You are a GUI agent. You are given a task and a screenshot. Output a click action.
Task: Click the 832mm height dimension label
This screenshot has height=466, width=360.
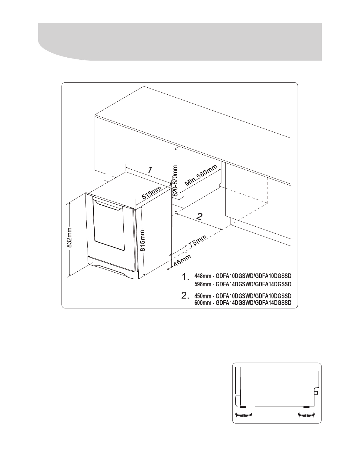[x=69, y=238]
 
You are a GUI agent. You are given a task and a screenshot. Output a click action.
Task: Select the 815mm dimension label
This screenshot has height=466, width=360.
[x=143, y=240]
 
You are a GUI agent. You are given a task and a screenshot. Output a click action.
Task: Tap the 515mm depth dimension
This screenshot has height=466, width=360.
[x=152, y=193]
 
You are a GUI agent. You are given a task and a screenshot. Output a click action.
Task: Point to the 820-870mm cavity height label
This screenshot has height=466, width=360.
[x=175, y=181]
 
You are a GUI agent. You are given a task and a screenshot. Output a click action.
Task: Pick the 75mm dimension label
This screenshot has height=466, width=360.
[x=197, y=241]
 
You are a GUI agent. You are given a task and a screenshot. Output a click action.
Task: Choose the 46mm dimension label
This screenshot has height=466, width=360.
[x=182, y=260]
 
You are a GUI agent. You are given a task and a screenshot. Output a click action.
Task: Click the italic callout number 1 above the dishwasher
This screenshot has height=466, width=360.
[x=150, y=170]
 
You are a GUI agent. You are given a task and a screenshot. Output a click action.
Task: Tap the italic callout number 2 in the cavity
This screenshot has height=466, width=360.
[x=200, y=216]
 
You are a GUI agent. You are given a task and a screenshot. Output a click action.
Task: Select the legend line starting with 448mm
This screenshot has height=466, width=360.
[x=243, y=276]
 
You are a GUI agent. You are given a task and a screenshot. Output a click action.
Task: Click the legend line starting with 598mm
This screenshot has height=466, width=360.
[x=243, y=284]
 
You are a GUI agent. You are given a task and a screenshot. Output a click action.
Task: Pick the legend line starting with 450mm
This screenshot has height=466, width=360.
[x=243, y=296]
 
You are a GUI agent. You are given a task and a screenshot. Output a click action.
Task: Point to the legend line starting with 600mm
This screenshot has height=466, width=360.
[x=243, y=303]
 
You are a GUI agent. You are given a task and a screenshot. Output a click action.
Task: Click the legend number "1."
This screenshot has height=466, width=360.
[x=185, y=277]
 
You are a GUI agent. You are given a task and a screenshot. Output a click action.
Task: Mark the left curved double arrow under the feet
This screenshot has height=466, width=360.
[x=244, y=415]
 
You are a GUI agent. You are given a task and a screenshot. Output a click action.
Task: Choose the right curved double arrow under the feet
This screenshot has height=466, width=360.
[x=307, y=415]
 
